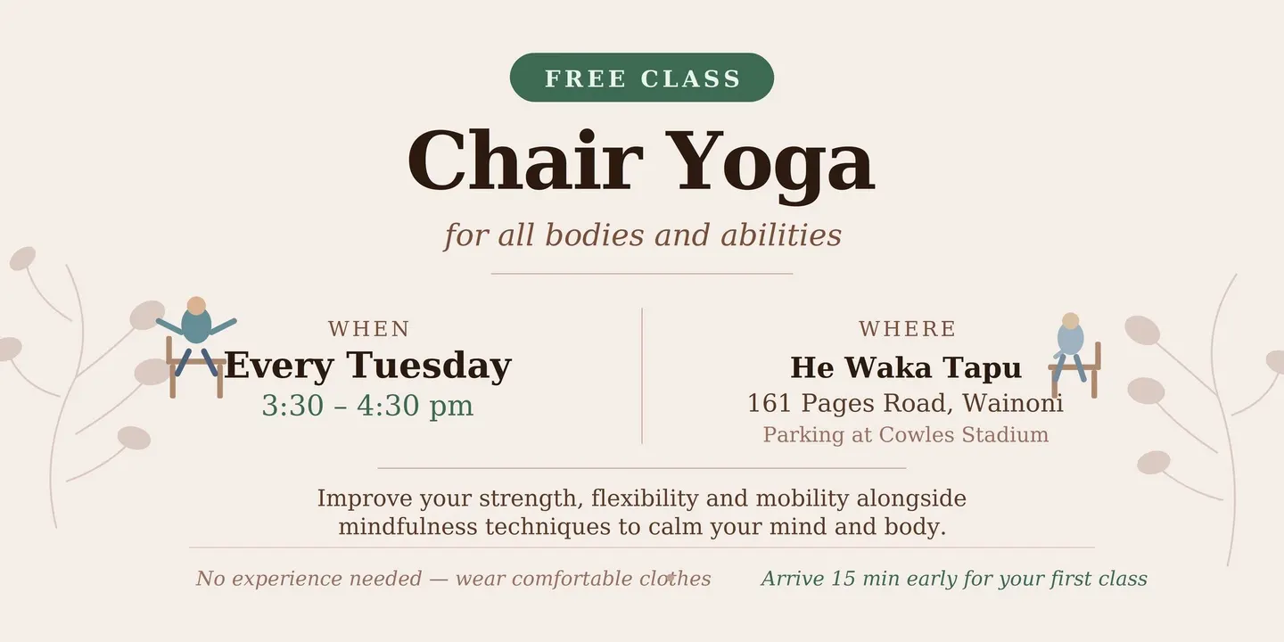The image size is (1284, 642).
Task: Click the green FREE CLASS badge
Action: pyautogui.click(x=641, y=78)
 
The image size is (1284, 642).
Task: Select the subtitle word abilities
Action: pyautogui.click(x=781, y=235)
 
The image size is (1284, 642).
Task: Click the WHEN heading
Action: pyautogui.click(x=369, y=329)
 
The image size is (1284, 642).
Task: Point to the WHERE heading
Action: pyautogui.click(x=908, y=329)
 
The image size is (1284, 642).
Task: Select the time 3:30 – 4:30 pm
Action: pyautogui.click(x=367, y=405)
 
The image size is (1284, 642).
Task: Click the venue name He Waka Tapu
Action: pyautogui.click(x=906, y=367)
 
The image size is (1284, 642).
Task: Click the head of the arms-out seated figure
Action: pyautogui.click(x=196, y=305)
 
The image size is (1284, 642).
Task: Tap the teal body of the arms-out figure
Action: pyautogui.click(x=196, y=326)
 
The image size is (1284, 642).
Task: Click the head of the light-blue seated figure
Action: pyautogui.click(x=1070, y=321)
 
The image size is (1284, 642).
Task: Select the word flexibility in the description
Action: pyautogui.click(x=645, y=498)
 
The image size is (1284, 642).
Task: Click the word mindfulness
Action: pyautogui.click(x=407, y=526)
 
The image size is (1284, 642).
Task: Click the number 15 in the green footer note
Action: pyautogui.click(x=844, y=579)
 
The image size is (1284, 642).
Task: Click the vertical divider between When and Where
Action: pyautogui.click(x=642, y=376)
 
